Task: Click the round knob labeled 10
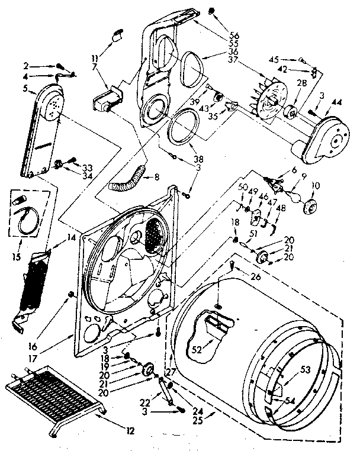(309, 207)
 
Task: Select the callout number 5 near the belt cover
(25, 89)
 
